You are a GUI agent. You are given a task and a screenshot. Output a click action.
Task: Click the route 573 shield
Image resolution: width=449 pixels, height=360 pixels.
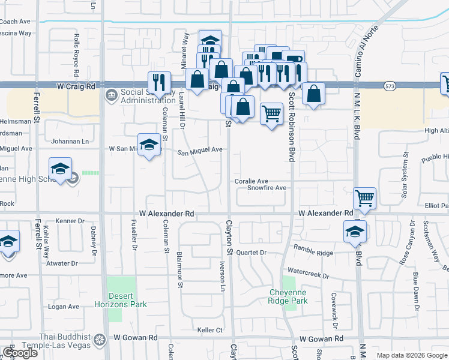pyautogui.click(x=390, y=86)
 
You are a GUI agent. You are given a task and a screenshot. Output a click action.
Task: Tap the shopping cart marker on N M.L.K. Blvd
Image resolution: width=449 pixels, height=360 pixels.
pyautogui.click(x=364, y=199)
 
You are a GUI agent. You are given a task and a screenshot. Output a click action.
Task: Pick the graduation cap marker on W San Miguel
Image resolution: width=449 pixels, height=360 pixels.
pyautogui.click(x=149, y=145)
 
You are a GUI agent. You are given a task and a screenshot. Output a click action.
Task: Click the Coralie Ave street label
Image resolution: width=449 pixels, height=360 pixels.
pyautogui.click(x=251, y=181)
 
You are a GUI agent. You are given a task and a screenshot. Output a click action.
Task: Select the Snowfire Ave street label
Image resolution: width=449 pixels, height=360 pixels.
pyautogui.click(x=267, y=188)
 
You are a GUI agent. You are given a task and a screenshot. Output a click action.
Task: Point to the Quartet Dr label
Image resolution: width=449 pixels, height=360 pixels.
pyautogui.click(x=251, y=253)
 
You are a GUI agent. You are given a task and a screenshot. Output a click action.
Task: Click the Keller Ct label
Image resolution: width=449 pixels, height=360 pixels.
pyautogui.click(x=210, y=330)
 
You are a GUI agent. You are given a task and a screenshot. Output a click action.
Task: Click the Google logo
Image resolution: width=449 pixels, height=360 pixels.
pyautogui.click(x=20, y=353)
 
